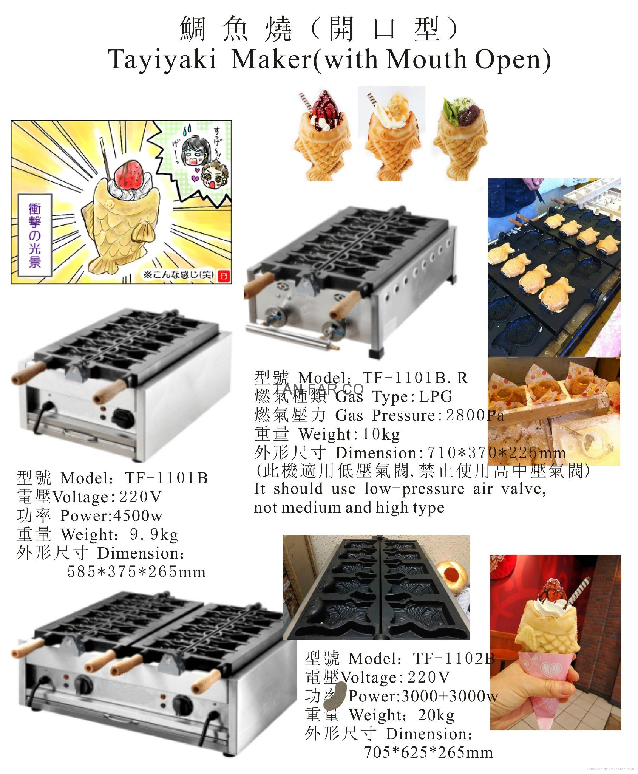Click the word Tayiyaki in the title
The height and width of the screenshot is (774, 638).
click(x=162, y=59)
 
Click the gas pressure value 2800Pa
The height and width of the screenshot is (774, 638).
click(x=475, y=415)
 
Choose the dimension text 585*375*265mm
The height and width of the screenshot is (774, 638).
click(x=136, y=572)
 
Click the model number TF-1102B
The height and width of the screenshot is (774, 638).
click(x=453, y=659)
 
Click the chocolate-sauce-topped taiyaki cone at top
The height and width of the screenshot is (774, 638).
click(x=323, y=136)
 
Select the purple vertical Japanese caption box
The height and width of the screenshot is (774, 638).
click(x=34, y=235)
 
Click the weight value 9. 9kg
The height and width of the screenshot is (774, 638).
click(x=154, y=534)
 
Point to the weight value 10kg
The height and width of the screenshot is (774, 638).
click(x=381, y=434)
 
